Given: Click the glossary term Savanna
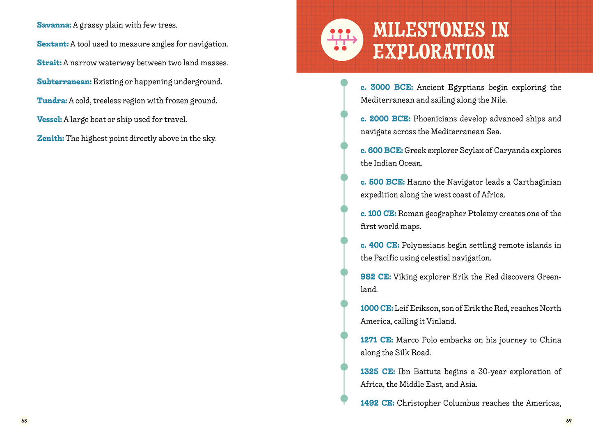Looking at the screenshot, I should (54, 25).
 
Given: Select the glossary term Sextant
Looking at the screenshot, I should (53, 44).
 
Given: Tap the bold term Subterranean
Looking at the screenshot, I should (64, 82).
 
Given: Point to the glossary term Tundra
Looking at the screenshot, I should (52, 101).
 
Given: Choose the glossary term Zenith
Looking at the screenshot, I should (50, 138).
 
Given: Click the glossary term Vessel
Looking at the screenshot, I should (49, 119).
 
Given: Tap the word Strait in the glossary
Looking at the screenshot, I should (49, 63).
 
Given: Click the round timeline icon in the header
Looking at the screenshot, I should (342, 40).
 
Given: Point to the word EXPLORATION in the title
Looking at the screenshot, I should (433, 52).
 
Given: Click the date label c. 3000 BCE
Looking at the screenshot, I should (387, 87).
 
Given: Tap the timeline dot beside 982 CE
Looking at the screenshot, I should (344, 272).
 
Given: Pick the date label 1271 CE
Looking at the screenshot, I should (376, 340).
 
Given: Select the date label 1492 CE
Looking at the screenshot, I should (377, 403).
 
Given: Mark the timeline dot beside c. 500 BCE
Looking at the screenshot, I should (344, 177).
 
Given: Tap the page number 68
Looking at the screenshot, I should (24, 420).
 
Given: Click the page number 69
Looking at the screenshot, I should (569, 420).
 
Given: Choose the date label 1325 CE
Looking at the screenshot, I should (378, 372).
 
